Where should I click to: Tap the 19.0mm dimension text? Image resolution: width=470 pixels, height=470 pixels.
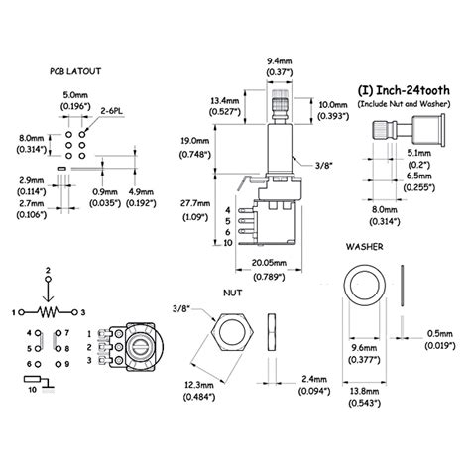[x=195, y=141]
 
